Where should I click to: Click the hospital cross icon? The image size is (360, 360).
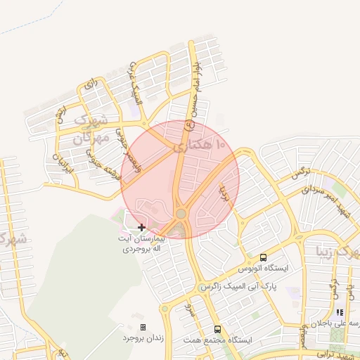142,227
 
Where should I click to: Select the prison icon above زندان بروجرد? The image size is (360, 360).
143,327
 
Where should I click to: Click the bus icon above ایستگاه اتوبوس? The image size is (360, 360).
263,257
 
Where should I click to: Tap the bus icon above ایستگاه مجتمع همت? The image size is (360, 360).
217,328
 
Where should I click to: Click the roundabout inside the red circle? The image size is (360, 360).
181,214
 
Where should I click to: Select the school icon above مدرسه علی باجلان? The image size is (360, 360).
340,312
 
